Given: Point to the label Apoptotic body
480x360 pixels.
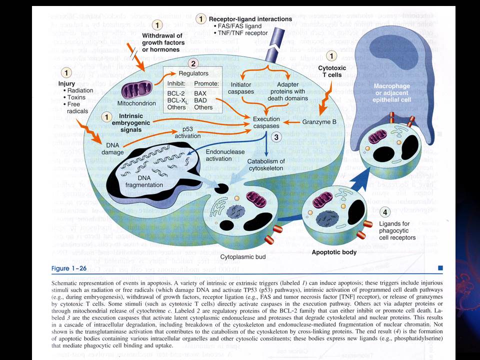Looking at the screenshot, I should pos(334,252).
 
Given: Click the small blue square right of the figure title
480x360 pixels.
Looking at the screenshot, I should pos(440,268).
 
